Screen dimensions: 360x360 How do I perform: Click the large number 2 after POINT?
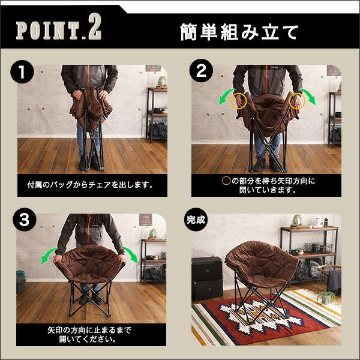(x=95, y=28)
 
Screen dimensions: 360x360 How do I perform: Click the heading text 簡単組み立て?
(x=239, y=32)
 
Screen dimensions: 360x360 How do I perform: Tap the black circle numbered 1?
(x=22, y=71)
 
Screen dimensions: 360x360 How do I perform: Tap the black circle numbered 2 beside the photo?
(x=201, y=70)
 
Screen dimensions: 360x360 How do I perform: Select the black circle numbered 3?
(x=25, y=220)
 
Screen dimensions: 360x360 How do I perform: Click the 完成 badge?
(x=196, y=220)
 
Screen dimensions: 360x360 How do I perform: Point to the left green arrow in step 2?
(x=226, y=97)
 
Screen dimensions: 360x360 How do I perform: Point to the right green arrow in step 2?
(x=308, y=96)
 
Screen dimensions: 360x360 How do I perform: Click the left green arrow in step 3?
(x=48, y=256)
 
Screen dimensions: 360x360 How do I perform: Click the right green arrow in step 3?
(x=130, y=254)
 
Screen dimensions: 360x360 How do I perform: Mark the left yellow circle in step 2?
(x=239, y=101)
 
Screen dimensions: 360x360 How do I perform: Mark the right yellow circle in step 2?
(x=297, y=101)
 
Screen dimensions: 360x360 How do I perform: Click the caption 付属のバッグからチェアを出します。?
(x=90, y=185)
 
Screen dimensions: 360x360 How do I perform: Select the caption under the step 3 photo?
(x=89, y=335)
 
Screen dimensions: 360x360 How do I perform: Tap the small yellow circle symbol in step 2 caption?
(x=226, y=181)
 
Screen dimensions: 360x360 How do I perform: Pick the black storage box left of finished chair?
(x=207, y=278)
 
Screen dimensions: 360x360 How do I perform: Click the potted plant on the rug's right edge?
(x=326, y=298)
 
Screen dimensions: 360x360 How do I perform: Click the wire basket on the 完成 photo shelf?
(x=318, y=248)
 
